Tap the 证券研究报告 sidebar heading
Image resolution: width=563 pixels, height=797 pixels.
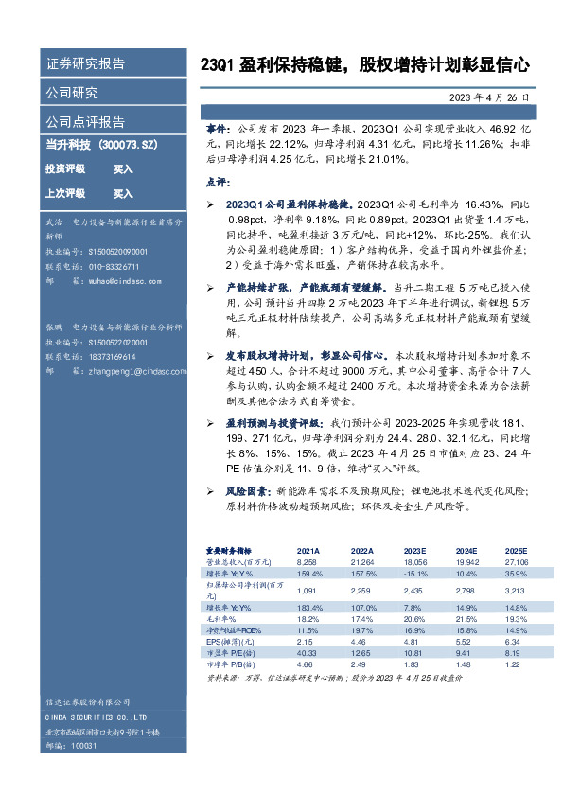85,64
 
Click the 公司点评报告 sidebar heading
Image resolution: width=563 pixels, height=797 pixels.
85,122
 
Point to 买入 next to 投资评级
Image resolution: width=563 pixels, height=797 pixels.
123,168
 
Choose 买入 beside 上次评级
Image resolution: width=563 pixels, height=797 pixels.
123,194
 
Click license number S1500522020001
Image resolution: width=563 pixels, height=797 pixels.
117,342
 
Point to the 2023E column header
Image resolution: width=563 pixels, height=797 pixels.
413,550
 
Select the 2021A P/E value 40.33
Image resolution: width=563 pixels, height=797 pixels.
308,652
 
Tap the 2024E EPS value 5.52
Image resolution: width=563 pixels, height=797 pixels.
466,641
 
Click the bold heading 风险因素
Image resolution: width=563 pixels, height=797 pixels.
245,492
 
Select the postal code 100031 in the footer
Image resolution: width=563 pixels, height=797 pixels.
83,747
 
